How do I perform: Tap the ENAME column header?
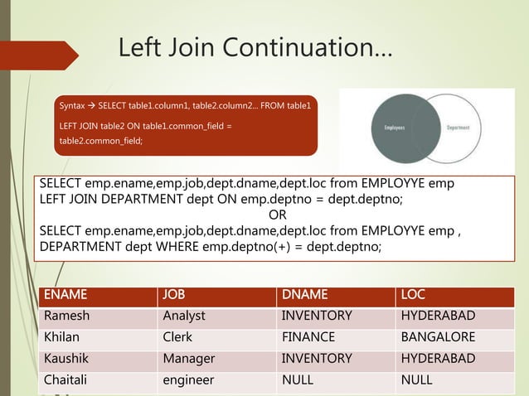point(66,293)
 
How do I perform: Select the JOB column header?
point(174,293)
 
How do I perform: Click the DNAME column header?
point(304,293)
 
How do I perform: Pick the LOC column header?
point(414,293)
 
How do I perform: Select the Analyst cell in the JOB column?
point(184,316)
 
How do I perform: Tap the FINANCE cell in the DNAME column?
point(308,337)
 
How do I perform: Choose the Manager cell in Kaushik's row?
point(188,359)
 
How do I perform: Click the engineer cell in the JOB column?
point(188,380)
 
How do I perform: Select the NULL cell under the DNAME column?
point(298,380)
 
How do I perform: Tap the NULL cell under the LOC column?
point(417,380)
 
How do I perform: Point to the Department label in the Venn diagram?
point(459,128)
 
